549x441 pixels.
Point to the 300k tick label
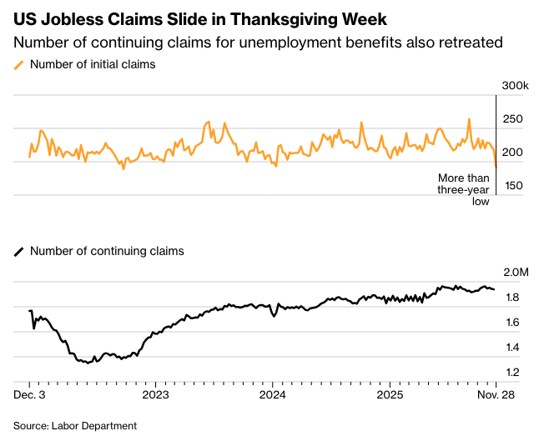pyautogui.click(x=515, y=86)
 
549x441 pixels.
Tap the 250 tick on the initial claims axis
pyautogui.click(x=512, y=119)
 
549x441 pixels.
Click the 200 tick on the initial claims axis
pyautogui.click(x=512, y=152)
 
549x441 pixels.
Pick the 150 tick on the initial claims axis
pyautogui.click(x=512, y=185)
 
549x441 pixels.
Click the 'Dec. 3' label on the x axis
pyautogui.click(x=31, y=393)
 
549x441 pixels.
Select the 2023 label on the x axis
pyautogui.click(x=156, y=393)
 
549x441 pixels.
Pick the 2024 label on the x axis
pyautogui.click(x=273, y=393)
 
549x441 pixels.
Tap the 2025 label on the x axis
pyautogui.click(x=390, y=393)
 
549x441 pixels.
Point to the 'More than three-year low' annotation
pyautogui.click(x=464, y=189)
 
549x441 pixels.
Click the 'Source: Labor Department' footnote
pyautogui.click(x=75, y=425)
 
